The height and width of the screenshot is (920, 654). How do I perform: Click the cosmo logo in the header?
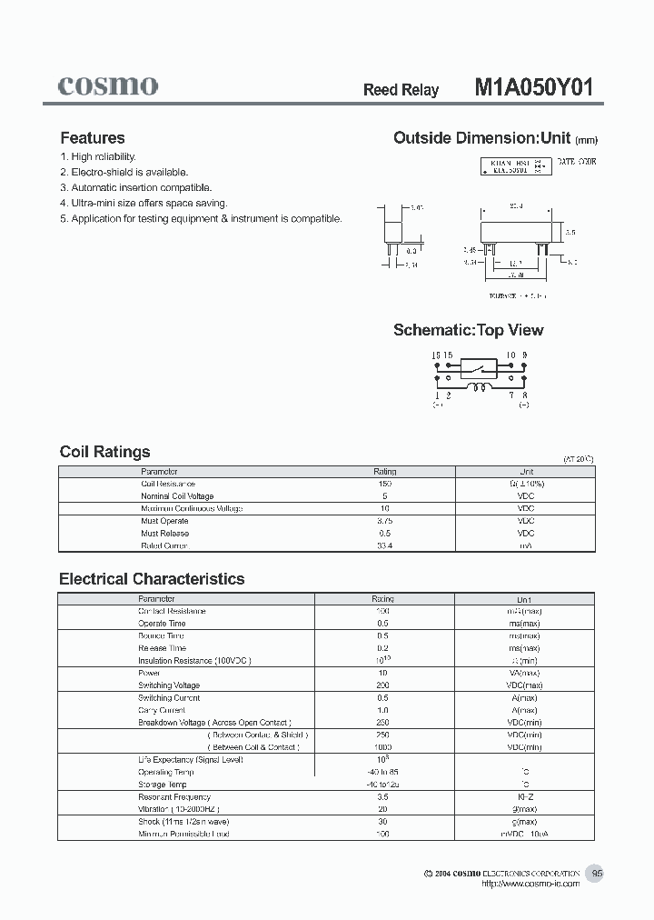[x=108, y=85]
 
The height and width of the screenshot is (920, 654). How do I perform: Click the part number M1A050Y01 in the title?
[x=534, y=88]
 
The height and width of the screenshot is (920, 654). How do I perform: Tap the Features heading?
[x=92, y=138]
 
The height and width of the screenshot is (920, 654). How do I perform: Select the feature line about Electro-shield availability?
[x=124, y=172]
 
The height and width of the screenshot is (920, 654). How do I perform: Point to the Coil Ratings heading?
[x=104, y=452]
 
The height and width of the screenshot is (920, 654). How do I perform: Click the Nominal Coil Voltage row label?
[x=177, y=496]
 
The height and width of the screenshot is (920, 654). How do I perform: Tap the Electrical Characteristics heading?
[x=152, y=579]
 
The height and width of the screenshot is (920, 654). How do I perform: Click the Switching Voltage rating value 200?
[x=382, y=685]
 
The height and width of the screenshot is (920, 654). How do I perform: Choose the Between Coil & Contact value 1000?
[x=382, y=747]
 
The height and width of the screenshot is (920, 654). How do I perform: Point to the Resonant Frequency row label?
[x=174, y=797]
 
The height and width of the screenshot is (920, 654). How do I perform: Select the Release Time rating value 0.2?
[x=382, y=648]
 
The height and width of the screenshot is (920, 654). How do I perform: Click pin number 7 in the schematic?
[x=512, y=396]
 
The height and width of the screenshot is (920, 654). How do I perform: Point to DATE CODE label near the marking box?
[x=576, y=161]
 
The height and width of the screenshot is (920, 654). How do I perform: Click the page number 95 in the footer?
[x=597, y=874]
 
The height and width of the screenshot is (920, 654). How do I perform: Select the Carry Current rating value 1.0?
[x=382, y=710]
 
